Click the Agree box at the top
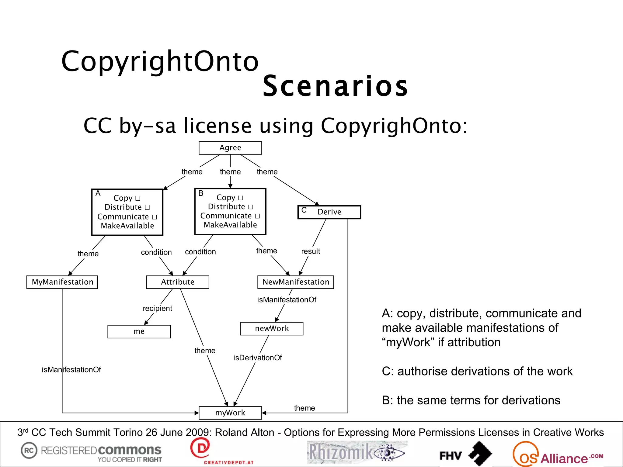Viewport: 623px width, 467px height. [x=230, y=148]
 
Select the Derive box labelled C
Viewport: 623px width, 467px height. [x=329, y=212]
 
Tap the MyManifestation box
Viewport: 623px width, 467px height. [x=62, y=282]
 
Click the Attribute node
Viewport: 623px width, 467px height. [x=178, y=282]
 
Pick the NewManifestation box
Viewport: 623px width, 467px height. [x=296, y=282]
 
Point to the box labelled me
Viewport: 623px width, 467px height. [x=139, y=331]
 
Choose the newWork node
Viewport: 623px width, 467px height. [x=272, y=329]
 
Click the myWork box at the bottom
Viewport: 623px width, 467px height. [x=230, y=413]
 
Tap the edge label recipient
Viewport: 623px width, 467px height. [x=157, y=308]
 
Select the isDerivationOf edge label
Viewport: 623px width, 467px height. [x=258, y=358]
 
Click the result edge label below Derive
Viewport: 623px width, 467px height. [x=311, y=251]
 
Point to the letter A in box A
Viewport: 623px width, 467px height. [x=98, y=193]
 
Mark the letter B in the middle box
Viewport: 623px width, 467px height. [x=201, y=193]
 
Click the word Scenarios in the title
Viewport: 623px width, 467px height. [x=335, y=86]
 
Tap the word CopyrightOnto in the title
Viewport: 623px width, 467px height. [x=160, y=61]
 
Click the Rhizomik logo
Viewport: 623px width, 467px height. [x=357, y=452]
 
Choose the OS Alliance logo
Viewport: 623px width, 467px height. [x=557, y=454]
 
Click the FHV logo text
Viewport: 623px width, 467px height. [x=450, y=455]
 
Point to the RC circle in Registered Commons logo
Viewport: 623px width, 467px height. [x=29, y=450]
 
